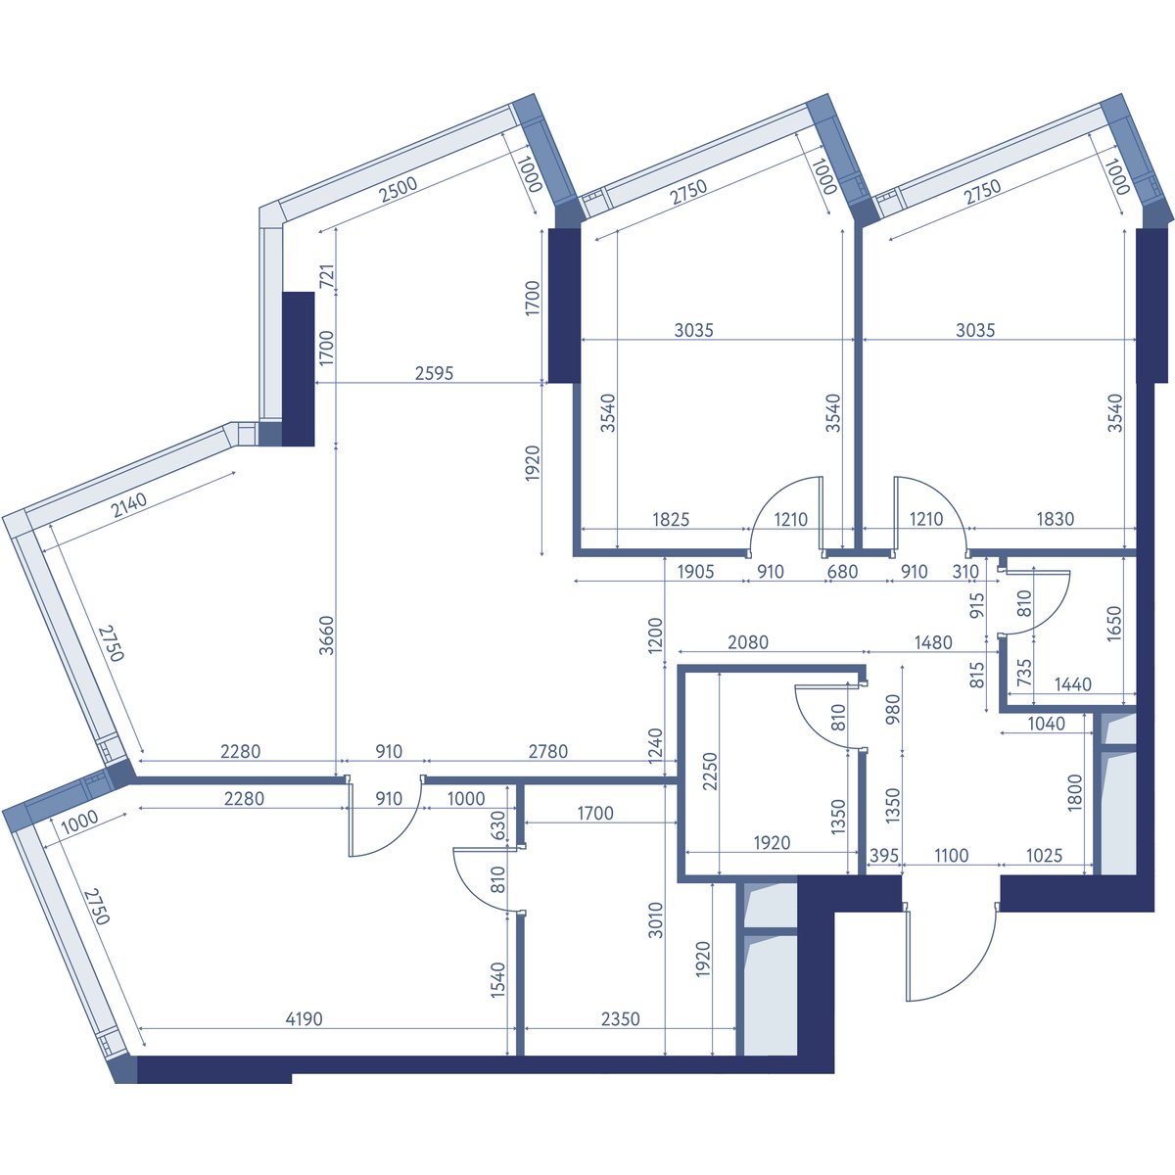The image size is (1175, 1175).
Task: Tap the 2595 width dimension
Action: [x=434, y=373]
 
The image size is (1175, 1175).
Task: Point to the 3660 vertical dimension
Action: [x=327, y=635]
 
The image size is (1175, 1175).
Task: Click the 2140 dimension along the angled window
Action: [x=129, y=504]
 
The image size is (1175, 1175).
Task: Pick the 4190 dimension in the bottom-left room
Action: [x=304, y=1018]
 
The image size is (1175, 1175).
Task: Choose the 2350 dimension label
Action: [x=620, y=1018]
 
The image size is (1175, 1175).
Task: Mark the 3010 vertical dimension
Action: [x=655, y=920]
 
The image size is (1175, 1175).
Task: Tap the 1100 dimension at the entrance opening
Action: [x=951, y=856]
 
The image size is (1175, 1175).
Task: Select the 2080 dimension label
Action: [x=748, y=642]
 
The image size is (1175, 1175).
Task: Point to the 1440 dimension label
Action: [x=1072, y=684]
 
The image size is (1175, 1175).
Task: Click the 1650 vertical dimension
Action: [x=1113, y=623]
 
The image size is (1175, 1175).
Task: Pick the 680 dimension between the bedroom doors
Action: [x=842, y=571]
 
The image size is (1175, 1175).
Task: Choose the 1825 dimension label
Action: [x=671, y=519]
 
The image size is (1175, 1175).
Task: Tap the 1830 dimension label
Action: [x=1056, y=519]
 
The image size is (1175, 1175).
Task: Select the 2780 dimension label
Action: [x=548, y=751]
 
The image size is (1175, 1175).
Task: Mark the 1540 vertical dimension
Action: [x=498, y=980]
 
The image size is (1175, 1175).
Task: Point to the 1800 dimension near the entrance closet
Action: [x=1075, y=792]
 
